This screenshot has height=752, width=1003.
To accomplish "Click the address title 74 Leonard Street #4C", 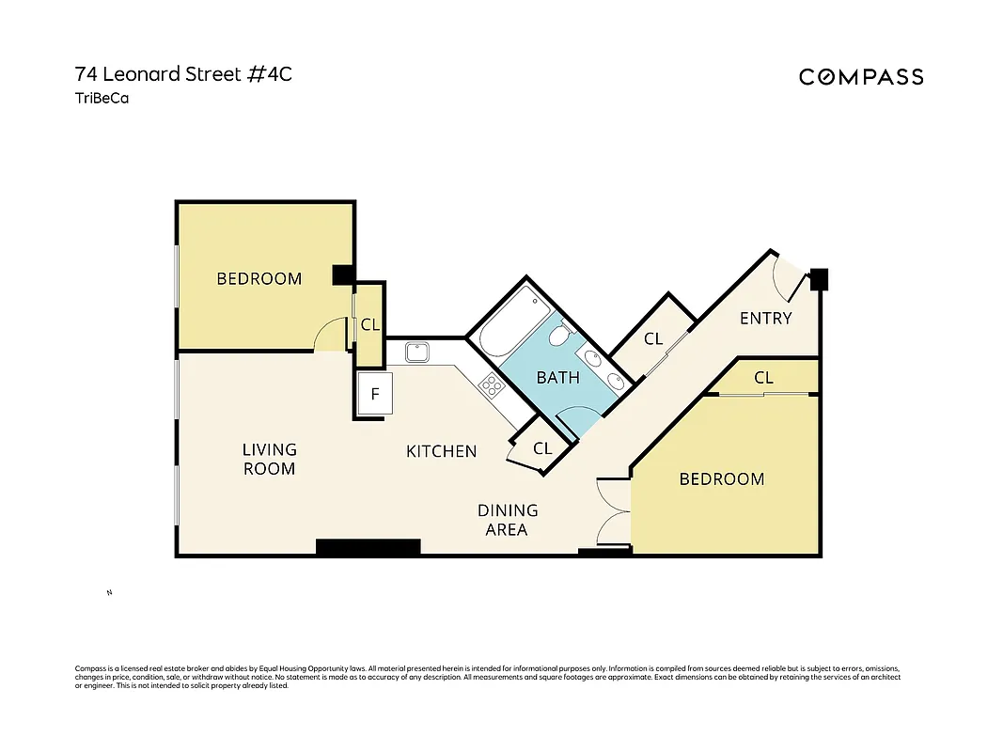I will tap(183, 74).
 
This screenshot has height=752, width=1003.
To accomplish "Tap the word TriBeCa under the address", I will tap(102, 97).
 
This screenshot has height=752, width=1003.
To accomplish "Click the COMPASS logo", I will tap(860, 77).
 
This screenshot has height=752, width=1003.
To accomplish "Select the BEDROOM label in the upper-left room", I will tap(259, 278).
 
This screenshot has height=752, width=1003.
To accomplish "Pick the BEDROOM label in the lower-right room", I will tap(721, 479).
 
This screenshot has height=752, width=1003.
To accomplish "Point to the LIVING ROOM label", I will tap(269, 459).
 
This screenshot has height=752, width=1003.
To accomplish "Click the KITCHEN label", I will tap(441, 451).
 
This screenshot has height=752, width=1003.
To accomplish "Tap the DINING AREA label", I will tap(507, 520).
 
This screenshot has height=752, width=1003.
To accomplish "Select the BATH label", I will tap(557, 378).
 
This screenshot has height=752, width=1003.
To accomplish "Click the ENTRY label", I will tap(765, 318).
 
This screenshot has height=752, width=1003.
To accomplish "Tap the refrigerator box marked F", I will tap(374, 395).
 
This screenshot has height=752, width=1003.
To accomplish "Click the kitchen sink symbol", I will tap(417, 352).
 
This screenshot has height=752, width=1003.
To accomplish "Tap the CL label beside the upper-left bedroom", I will tap(369, 325).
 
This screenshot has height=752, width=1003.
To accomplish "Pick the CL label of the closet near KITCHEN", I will tap(542, 448).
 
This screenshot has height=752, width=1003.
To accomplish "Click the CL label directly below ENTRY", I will tap(763, 378).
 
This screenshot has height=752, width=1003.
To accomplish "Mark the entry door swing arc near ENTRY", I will tap(788, 276).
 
